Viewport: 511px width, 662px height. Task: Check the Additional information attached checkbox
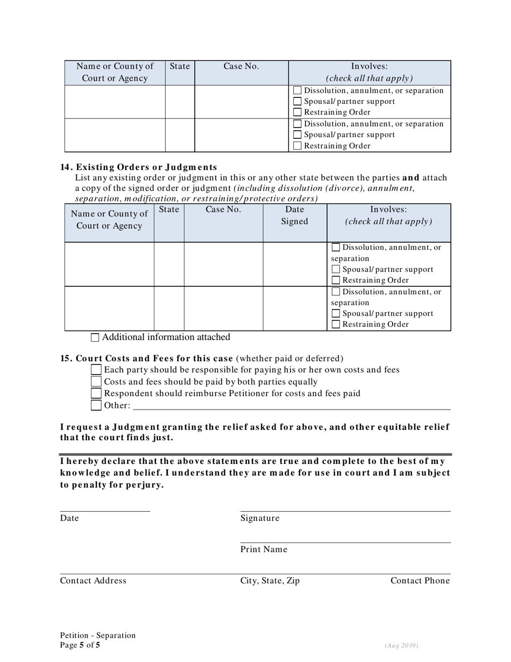[95, 338]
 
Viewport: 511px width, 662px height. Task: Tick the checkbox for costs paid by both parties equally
[96, 382]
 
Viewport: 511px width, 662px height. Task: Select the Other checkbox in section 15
[96, 405]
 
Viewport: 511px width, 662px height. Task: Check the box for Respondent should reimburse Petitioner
[96, 393]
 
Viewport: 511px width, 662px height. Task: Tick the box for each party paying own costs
[96, 370]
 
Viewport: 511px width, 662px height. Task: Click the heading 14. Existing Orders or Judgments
[139, 167]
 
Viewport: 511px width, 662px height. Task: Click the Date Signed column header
[295, 215]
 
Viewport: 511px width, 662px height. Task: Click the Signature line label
[260, 518]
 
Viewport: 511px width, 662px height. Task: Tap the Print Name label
[264, 550]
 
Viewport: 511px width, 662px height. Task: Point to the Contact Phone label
[420, 581]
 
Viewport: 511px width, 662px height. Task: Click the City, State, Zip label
[270, 581]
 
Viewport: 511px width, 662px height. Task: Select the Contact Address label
[93, 581]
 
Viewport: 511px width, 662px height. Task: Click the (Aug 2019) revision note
[401, 646]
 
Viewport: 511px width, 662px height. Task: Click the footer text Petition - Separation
[98, 636]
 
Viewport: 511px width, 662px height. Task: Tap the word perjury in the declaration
[144, 485]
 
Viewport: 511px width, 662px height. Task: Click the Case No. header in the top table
[241, 66]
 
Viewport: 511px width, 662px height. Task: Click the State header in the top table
[180, 66]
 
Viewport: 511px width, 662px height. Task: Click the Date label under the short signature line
[69, 518]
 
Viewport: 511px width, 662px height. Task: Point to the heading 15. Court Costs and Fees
[146, 358]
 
